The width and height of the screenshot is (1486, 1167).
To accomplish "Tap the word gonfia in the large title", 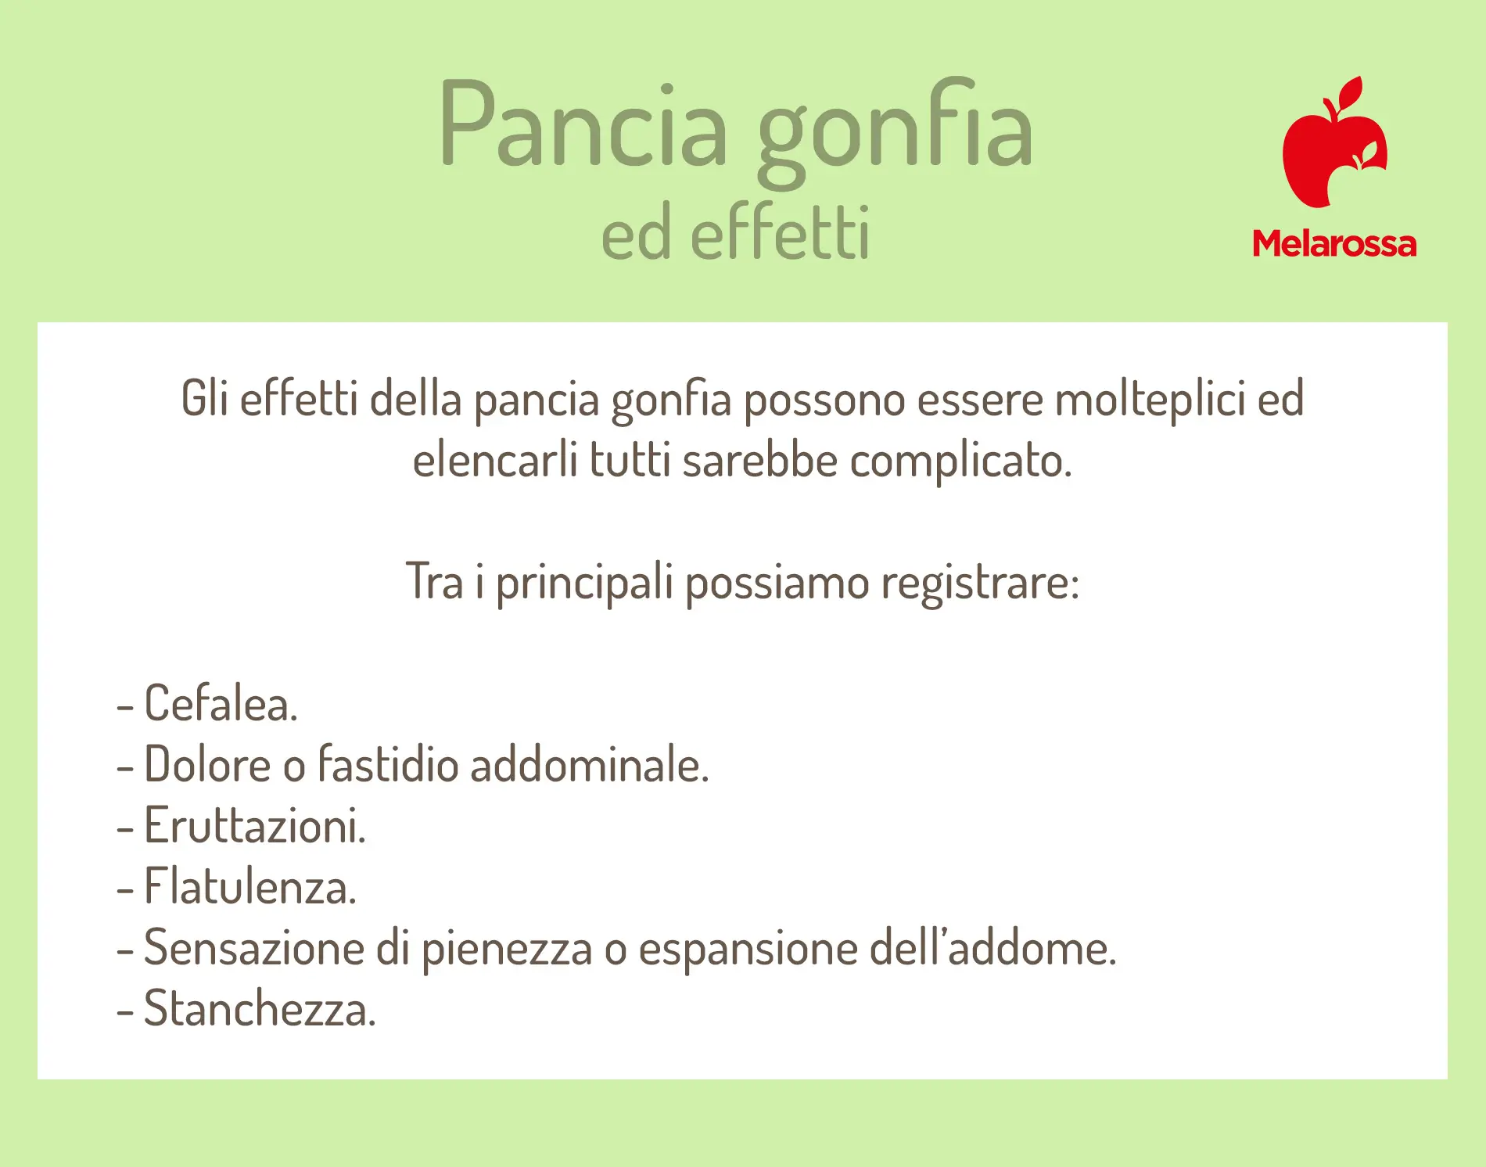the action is (x=894, y=132).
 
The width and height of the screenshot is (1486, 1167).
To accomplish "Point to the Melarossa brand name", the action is (x=1334, y=244).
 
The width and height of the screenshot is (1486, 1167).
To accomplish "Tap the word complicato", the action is (x=960, y=461).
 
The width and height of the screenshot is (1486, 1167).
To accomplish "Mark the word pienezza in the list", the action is (x=507, y=950).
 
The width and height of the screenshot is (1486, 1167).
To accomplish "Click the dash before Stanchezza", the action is (x=124, y=1011).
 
